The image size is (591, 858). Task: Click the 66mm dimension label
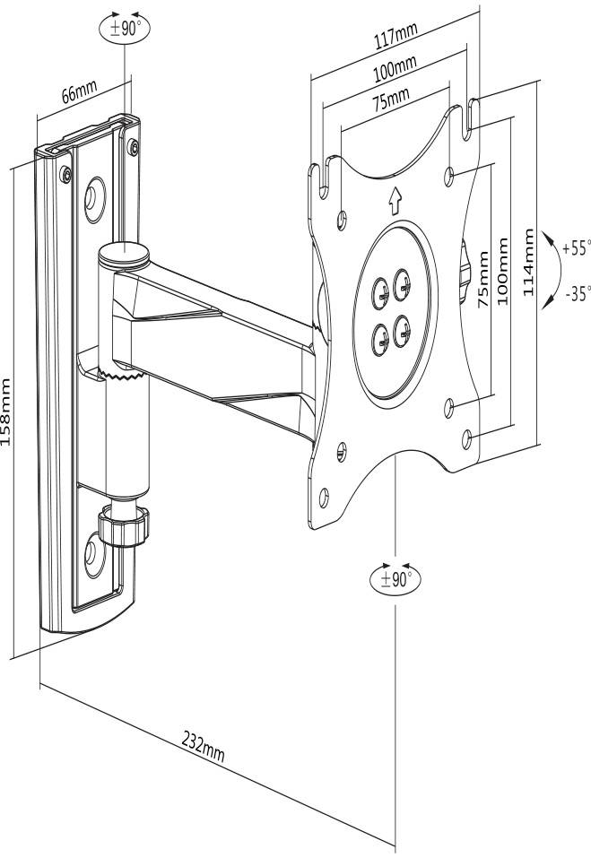(x=79, y=95)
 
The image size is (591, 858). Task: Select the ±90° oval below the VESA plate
(x=395, y=579)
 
